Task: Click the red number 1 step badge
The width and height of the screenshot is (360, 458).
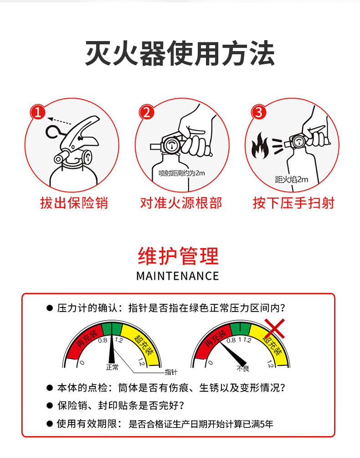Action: click(x=38, y=112)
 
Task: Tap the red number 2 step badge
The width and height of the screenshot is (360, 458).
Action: click(x=146, y=112)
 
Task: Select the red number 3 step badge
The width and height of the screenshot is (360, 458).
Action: click(x=258, y=112)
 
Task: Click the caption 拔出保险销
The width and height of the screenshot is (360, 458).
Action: click(x=74, y=203)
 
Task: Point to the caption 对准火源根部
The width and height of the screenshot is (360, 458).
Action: click(x=181, y=203)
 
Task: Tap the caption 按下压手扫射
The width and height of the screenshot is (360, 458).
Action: click(x=293, y=203)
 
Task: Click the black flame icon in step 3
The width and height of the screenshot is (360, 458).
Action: click(x=260, y=146)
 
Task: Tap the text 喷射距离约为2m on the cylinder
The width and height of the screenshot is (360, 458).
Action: click(x=181, y=173)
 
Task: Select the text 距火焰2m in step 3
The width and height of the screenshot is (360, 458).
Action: click(x=291, y=179)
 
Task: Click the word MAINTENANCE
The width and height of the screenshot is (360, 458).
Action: click(x=178, y=276)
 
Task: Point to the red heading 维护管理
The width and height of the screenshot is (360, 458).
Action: click(x=178, y=256)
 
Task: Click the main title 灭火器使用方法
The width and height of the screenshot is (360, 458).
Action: click(x=180, y=54)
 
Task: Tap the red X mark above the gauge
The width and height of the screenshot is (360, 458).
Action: click(x=274, y=328)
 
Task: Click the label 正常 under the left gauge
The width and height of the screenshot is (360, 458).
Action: click(x=112, y=367)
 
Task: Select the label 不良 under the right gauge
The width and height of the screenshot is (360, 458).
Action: click(x=243, y=369)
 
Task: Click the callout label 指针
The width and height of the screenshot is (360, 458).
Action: click(x=171, y=372)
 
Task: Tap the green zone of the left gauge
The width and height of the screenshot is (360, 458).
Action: click(x=112, y=329)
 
